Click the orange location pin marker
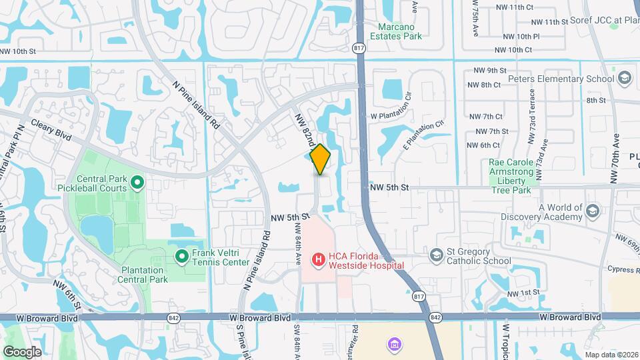321,159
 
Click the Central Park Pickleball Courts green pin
137,181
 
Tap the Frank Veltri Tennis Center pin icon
181,256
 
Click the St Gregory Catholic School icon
436,255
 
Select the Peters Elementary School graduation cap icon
624,79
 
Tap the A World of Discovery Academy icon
592,212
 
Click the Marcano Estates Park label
400,31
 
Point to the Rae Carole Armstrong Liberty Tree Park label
513,176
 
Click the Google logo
22,351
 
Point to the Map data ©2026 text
611,355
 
